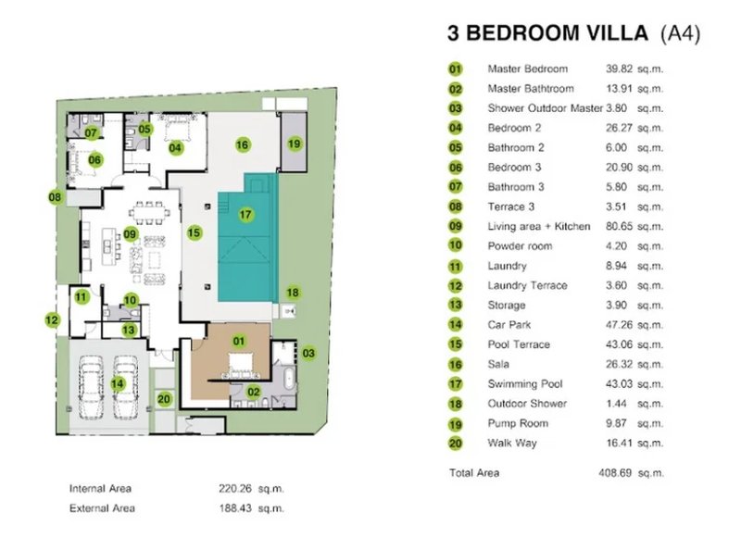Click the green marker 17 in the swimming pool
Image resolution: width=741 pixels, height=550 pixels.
(245, 215)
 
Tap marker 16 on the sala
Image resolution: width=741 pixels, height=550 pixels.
(242, 144)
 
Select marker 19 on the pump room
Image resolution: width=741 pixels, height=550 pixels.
(294, 144)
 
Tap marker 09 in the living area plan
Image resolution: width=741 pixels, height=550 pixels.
(131, 234)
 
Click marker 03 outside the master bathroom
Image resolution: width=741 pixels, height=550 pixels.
(308, 352)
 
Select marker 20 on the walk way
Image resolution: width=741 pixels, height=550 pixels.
(164, 399)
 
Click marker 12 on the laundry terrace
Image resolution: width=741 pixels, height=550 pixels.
(52, 320)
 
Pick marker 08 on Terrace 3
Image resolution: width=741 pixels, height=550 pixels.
(56, 196)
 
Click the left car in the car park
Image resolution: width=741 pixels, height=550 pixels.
(92, 381)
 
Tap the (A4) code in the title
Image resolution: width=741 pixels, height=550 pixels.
(680, 35)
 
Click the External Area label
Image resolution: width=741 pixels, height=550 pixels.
(102, 508)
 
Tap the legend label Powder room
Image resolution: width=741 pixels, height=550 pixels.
(520, 246)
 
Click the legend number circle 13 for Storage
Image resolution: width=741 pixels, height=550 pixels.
(456, 306)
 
